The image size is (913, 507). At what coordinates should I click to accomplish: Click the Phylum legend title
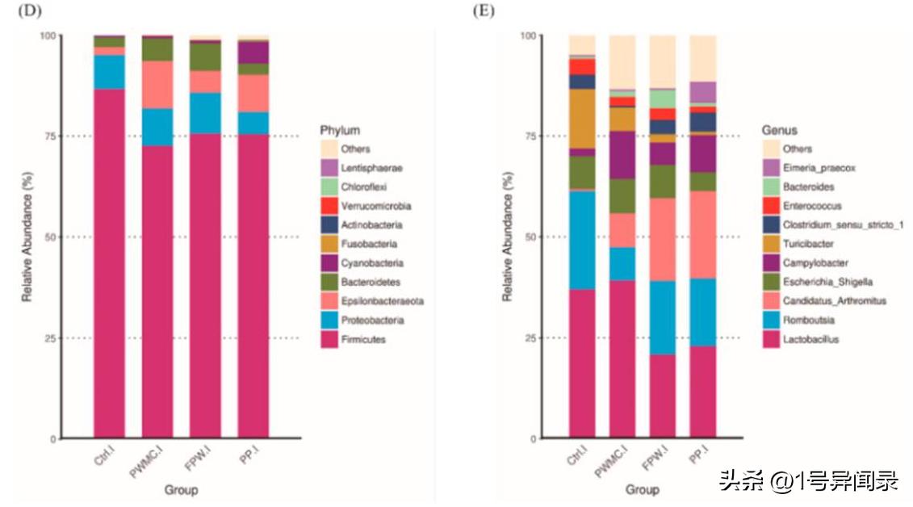340,130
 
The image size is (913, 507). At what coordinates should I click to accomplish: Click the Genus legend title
779,130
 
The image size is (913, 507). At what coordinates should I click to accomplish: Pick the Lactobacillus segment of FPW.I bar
662,396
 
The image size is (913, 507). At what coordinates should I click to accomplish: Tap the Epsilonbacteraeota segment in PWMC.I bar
157,85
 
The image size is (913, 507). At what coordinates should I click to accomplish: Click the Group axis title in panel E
643,490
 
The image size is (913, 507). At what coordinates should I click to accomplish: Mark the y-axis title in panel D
27,237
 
